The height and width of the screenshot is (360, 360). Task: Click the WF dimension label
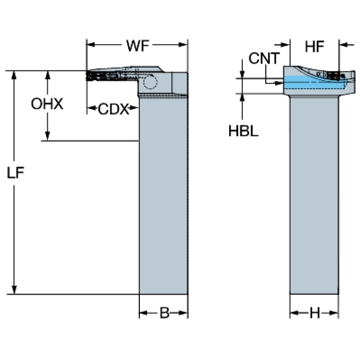pyautogui.click(x=138, y=46)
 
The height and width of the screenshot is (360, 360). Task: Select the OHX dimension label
pyautogui.click(x=47, y=104)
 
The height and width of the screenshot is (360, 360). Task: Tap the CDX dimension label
pyautogui.click(x=114, y=109)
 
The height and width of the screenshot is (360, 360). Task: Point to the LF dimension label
pyautogui.click(x=15, y=173)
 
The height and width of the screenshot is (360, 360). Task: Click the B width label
pyautogui.click(x=164, y=313)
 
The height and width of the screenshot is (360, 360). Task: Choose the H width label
pyautogui.click(x=315, y=313)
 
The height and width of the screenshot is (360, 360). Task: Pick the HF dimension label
pyautogui.click(x=314, y=46)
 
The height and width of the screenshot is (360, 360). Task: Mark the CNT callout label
pyautogui.click(x=264, y=58)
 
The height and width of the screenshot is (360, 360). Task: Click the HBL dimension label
pyautogui.click(x=244, y=131)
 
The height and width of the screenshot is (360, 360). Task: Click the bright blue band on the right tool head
pyautogui.click(x=314, y=82)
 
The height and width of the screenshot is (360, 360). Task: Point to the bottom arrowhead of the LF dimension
pyautogui.click(x=14, y=290)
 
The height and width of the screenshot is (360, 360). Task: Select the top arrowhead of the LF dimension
pyautogui.click(x=14, y=75)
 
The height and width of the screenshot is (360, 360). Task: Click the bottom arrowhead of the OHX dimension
pyautogui.click(x=47, y=136)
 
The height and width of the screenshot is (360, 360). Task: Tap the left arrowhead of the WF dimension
pyautogui.click(x=91, y=45)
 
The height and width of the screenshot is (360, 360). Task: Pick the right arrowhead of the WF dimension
pyautogui.click(x=183, y=45)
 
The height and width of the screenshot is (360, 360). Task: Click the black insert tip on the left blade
pyautogui.click(x=90, y=76)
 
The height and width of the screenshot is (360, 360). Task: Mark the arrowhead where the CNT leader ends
pyautogui.click(x=279, y=83)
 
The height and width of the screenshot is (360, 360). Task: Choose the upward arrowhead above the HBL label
pyautogui.click(x=242, y=98)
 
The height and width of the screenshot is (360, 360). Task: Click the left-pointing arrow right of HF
pyautogui.click(x=347, y=45)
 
